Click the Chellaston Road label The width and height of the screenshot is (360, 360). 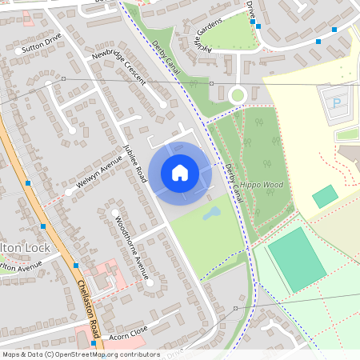click(89, 307)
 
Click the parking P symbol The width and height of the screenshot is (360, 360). click(336, 103)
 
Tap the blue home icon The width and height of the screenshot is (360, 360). click(180, 173)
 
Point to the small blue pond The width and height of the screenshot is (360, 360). click(211, 214)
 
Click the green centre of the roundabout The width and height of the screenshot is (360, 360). click(237, 96)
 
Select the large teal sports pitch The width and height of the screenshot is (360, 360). click(297, 258)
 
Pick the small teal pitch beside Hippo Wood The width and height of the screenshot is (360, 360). click(325, 197)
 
